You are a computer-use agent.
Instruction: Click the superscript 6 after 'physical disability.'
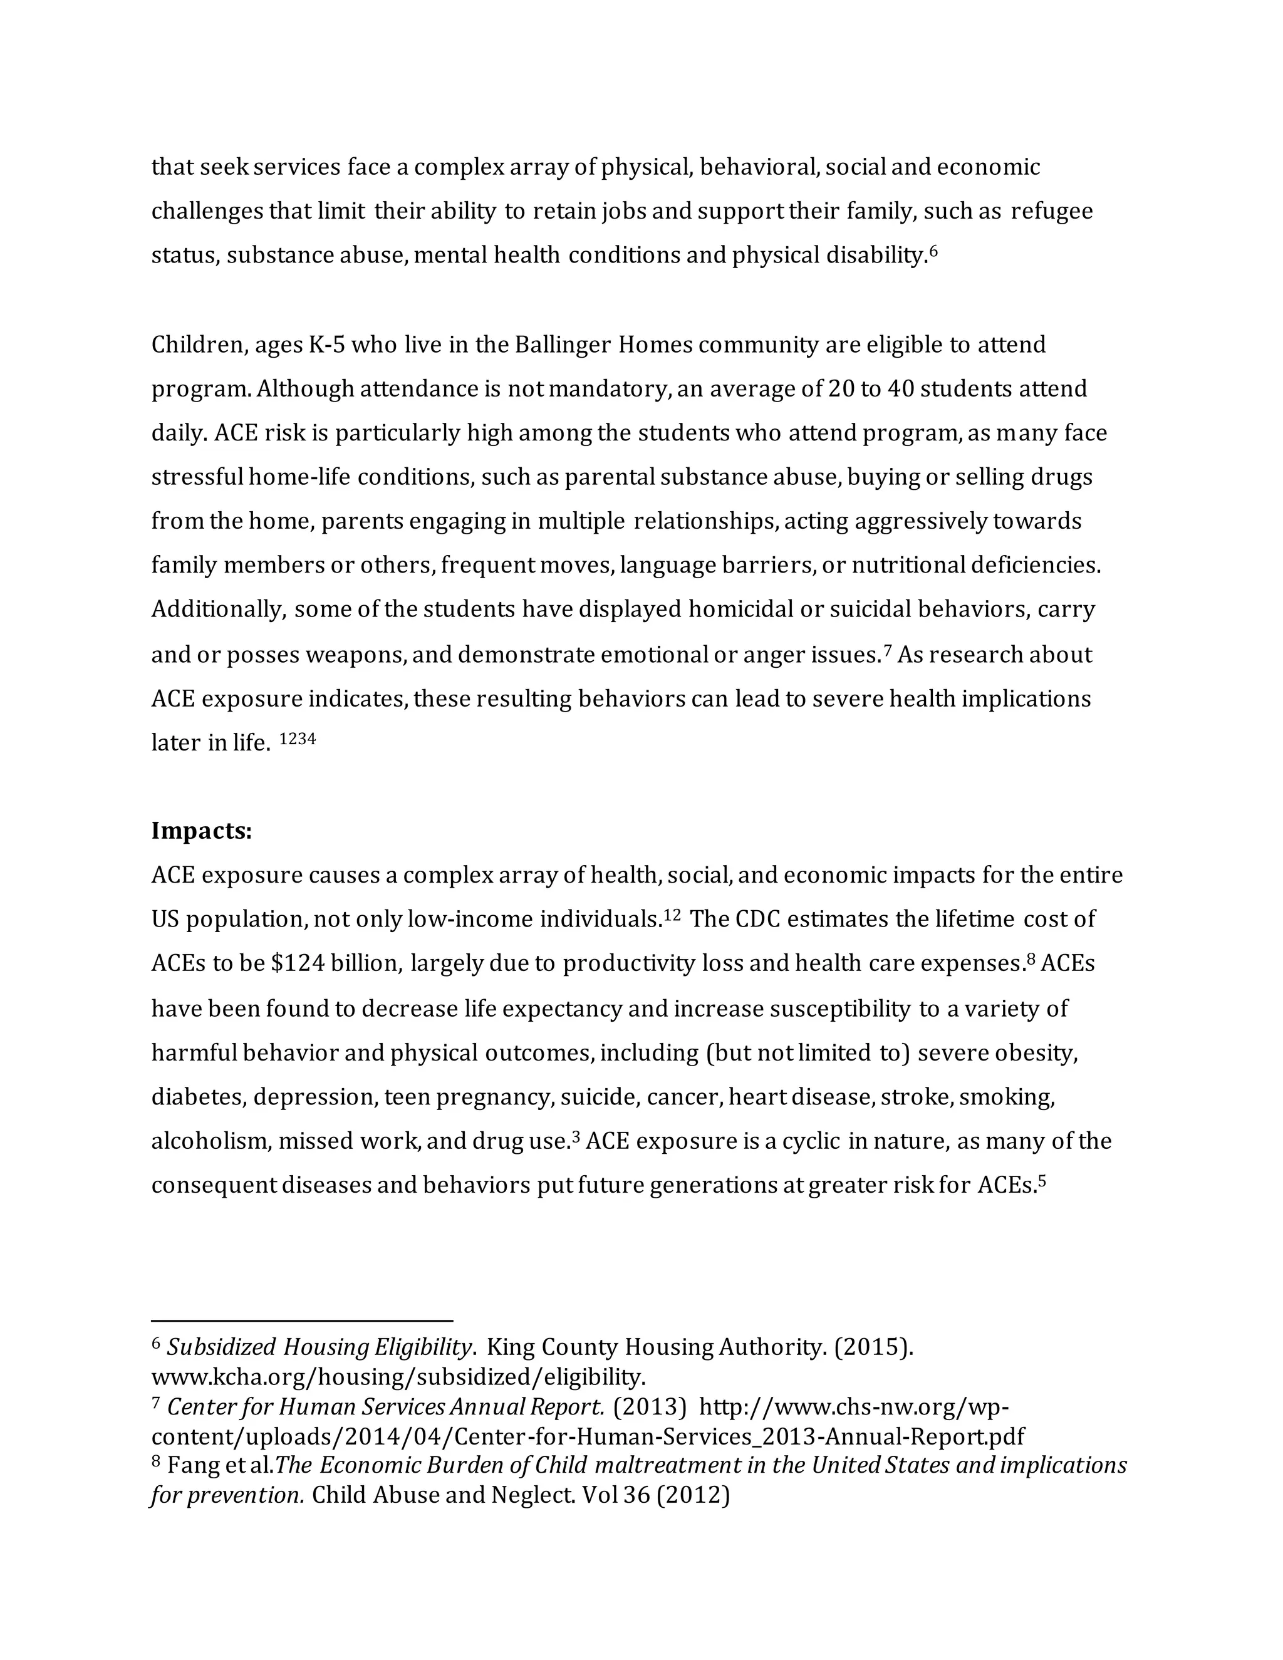pos(934,250)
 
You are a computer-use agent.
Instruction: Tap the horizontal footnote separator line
pos(302,1321)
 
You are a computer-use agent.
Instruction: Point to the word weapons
pos(356,655)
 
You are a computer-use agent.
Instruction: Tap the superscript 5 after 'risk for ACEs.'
pos(1042,1181)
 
